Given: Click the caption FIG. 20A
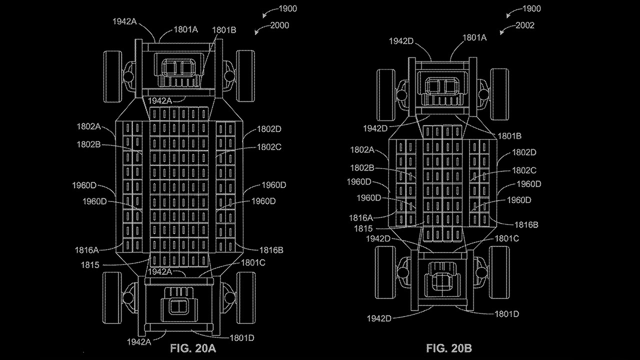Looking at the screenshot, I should [x=194, y=348].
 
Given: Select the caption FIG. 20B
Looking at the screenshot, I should [x=449, y=348].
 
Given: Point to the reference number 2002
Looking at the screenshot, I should [x=525, y=25].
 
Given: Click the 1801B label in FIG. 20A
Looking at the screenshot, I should [x=224, y=30].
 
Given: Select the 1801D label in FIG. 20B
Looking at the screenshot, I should [x=506, y=314].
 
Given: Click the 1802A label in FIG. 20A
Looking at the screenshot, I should [x=89, y=127].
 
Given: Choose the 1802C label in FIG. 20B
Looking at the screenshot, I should [x=523, y=170].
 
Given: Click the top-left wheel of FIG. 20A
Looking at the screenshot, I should [x=112, y=76].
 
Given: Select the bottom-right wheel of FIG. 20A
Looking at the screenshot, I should [x=246, y=298].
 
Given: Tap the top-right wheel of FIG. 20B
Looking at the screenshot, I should [x=499, y=94].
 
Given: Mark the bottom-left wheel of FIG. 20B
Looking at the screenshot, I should [x=384, y=272].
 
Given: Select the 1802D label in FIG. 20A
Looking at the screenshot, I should [x=269, y=129].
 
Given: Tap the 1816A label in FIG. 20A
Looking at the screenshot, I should [x=87, y=249].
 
